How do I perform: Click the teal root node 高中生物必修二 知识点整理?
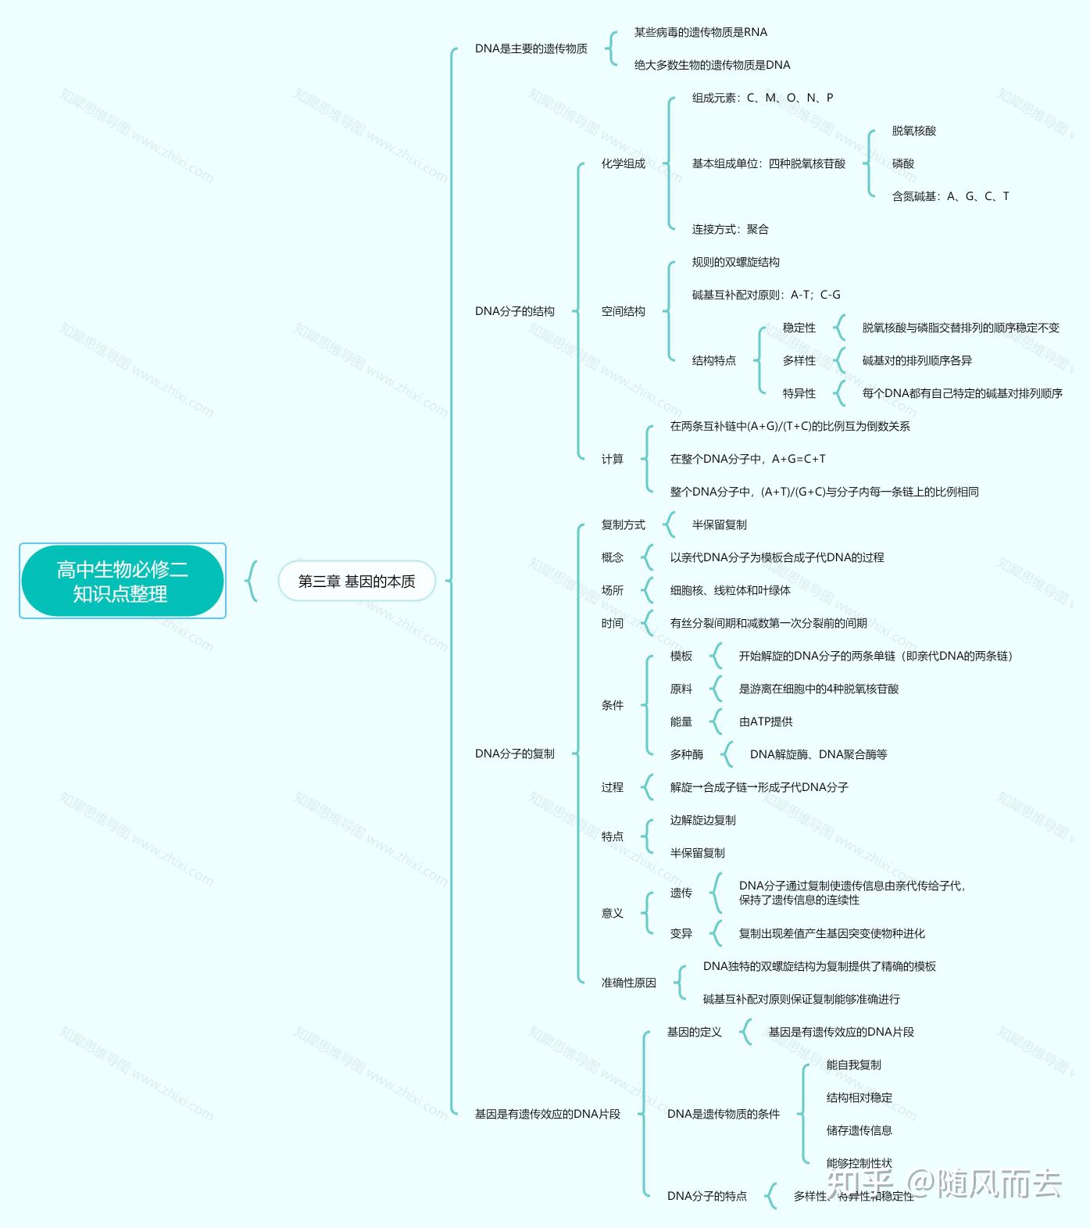point(122,581)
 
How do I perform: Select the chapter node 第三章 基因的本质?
point(356,581)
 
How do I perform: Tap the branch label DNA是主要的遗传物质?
point(531,48)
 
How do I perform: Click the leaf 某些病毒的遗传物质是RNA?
point(700,32)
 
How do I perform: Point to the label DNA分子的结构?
point(514,311)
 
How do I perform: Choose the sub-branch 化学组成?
point(623,163)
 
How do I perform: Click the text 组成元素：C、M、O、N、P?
point(762,98)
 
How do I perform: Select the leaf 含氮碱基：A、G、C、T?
point(950,196)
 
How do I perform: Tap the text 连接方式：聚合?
point(730,229)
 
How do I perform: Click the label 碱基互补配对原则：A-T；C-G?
point(766,295)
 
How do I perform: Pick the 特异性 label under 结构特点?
point(799,393)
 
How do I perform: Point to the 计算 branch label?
point(612,459)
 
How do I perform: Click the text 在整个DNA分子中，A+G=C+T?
point(747,459)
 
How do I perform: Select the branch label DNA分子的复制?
point(514,754)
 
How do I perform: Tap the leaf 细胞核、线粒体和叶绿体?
point(730,590)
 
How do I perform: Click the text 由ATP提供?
point(765,721)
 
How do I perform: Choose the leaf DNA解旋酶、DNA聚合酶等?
point(818,754)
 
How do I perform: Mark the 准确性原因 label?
point(628,983)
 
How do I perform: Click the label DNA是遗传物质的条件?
point(723,1114)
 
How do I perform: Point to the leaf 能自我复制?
point(853,1065)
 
